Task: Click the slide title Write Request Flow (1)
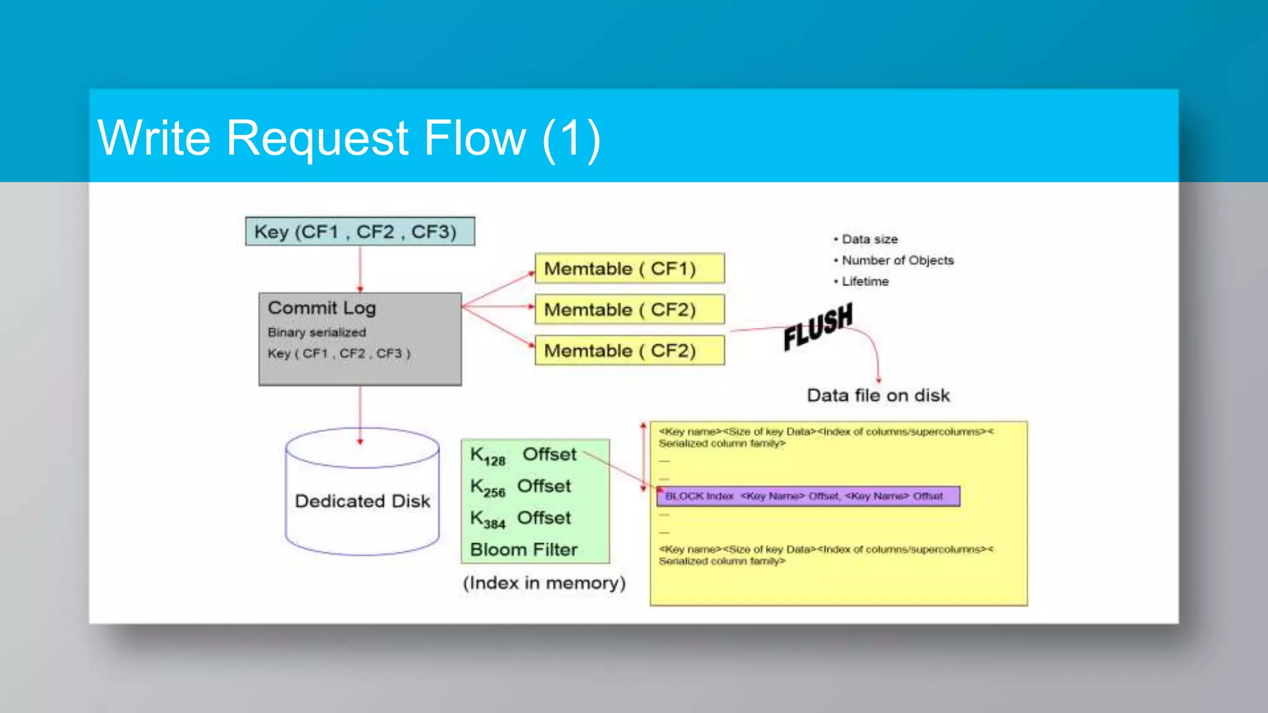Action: [x=349, y=138]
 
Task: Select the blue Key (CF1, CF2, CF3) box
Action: [x=360, y=231]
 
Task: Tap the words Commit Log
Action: [x=321, y=308]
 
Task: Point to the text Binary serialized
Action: [x=316, y=332]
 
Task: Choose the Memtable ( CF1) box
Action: [x=629, y=269]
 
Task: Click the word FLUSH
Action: [x=817, y=326]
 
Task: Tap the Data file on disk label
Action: [x=878, y=395]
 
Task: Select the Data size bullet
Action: [x=869, y=240]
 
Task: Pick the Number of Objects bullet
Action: [x=897, y=261]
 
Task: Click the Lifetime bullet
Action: [x=864, y=282]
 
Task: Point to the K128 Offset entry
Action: [x=523, y=456]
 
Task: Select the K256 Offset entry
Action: [x=520, y=487]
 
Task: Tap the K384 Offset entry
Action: [x=520, y=519]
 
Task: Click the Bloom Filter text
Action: [x=524, y=550]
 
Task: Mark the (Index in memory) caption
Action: [x=544, y=583]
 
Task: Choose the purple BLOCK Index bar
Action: [x=808, y=496]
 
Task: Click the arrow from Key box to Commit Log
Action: [x=360, y=269]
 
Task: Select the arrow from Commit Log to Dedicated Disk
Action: [x=360, y=413]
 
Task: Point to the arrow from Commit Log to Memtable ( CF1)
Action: [x=498, y=288]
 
